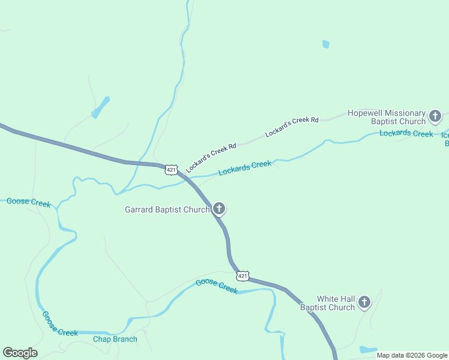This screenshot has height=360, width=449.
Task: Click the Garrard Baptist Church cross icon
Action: [x=219, y=209]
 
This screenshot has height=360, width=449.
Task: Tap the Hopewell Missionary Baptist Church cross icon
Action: [x=435, y=116]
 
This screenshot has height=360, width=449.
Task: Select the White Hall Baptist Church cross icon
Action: [x=364, y=303]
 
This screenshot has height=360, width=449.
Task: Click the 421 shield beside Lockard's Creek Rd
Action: [x=172, y=170]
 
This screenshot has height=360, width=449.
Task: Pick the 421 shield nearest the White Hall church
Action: [x=242, y=276]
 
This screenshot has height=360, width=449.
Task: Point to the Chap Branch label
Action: [x=115, y=339]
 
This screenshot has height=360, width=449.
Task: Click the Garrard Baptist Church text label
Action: [x=167, y=209]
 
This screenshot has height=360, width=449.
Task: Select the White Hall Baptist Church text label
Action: [x=328, y=303]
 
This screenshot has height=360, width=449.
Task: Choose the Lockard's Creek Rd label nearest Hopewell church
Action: [x=292, y=125]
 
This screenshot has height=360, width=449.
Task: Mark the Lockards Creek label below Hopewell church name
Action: [x=406, y=133]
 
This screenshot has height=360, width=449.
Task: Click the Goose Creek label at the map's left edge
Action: [x=28, y=203]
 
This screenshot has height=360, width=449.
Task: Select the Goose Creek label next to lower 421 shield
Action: [x=217, y=286]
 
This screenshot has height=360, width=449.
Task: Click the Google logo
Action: [x=20, y=352]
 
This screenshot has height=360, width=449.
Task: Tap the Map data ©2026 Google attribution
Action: [x=412, y=355]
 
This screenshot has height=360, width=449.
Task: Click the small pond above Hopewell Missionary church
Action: [x=326, y=44]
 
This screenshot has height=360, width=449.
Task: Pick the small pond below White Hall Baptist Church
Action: [x=368, y=349]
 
